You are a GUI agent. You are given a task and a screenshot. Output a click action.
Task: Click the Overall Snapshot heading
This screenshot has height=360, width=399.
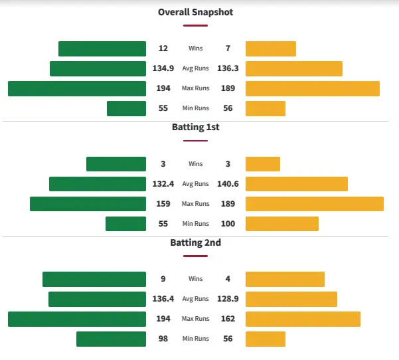195,12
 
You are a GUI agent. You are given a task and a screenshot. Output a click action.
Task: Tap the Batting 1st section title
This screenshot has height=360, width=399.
195,127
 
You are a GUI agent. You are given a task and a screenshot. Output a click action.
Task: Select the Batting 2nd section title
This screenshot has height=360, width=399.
195,242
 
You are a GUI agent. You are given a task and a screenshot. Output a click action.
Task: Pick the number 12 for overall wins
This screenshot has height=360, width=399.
163,48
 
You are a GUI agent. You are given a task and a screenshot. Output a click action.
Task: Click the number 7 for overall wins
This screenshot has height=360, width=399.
228,48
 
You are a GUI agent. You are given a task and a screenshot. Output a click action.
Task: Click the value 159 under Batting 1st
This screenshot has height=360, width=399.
163,204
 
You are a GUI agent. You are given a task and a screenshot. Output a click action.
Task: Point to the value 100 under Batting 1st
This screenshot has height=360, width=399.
228,224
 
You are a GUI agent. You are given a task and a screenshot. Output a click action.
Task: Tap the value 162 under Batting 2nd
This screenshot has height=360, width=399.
228,319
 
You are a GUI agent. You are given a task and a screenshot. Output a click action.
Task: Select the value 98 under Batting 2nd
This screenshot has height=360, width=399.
163,339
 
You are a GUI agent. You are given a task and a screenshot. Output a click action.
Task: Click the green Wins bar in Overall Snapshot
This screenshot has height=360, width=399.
102,48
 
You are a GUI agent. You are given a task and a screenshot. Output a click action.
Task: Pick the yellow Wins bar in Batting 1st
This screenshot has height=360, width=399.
263,164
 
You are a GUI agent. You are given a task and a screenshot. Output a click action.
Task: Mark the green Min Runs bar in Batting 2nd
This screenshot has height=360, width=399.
111,339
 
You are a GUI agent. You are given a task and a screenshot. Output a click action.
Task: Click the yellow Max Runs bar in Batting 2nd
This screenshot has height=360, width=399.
303,319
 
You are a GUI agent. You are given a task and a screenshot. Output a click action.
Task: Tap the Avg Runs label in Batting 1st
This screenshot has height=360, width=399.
195,184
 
